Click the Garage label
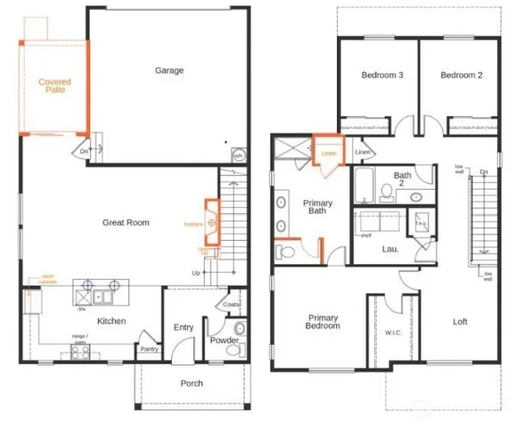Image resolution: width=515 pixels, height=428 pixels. click(x=169, y=70)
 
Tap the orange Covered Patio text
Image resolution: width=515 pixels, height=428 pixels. click(x=54, y=86)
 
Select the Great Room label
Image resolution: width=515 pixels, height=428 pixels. click(x=126, y=223)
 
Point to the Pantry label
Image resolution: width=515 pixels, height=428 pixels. click(x=150, y=350)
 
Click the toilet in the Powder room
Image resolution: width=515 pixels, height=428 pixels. click(x=233, y=353)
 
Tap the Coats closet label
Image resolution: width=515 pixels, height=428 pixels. click(x=232, y=304)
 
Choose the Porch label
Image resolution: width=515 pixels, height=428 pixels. click(x=191, y=383)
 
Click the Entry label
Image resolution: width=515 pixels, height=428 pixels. click(x=184, y=327)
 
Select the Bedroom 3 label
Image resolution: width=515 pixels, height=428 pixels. click(x=382, y=76)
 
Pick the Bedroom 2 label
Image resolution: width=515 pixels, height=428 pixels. click(x=461, y=76)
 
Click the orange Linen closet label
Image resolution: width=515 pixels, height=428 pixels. click(x=329, y=153)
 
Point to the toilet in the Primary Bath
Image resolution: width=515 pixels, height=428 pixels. click(x=284, y=252)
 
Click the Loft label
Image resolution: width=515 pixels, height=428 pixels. click(x=460, y=322)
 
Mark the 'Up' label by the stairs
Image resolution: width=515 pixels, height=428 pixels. click(x=196, y=273)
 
